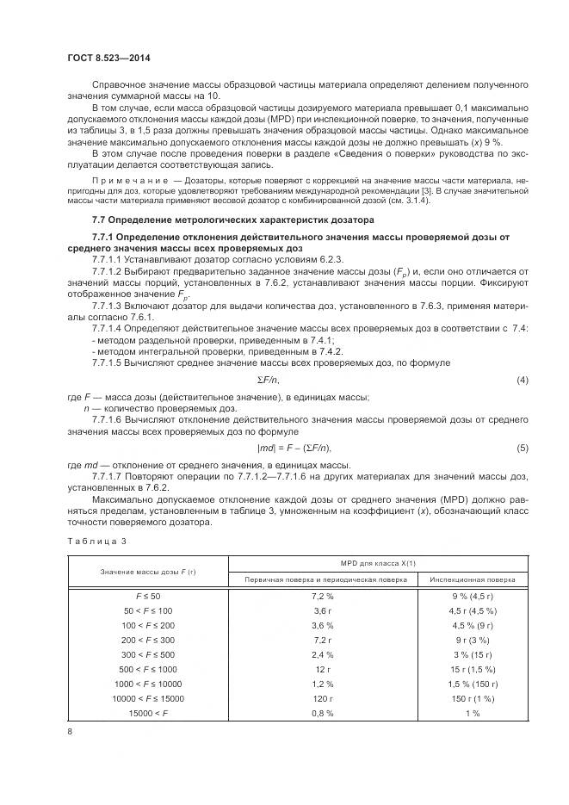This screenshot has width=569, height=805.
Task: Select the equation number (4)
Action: tap(522, 380)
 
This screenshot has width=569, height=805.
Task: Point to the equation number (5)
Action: tap(522, 449)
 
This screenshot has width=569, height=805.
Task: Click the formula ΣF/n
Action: tap(269, 380)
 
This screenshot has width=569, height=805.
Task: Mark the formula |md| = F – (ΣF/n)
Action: tap(294, 449)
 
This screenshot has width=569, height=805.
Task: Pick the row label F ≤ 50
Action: tap(148, 596)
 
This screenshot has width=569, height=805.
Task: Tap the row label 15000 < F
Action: tap(148, 713)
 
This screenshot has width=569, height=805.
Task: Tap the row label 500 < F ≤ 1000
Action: tap(148, 669)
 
